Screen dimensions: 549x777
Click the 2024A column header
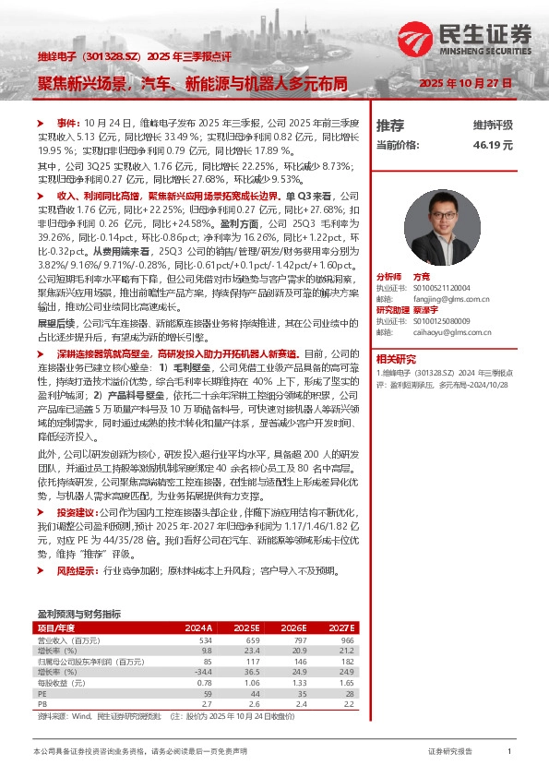(198, 628)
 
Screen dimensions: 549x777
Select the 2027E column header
(342, 628)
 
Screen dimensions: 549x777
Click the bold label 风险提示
(76, 572)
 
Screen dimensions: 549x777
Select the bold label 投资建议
(76, 511)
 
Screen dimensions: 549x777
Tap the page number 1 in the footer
(509, 752)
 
